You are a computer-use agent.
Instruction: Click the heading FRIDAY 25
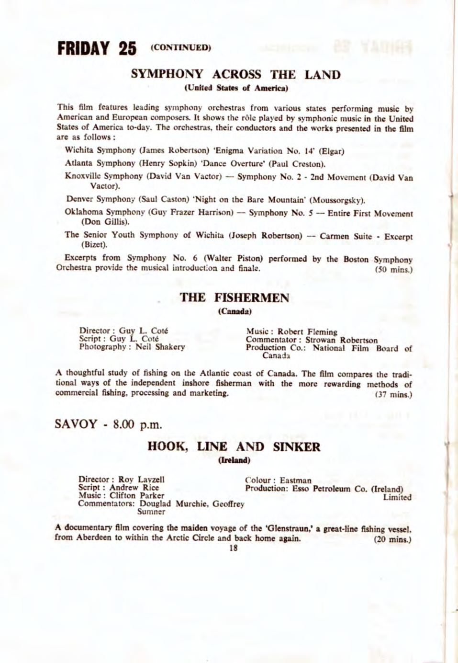(97, 49)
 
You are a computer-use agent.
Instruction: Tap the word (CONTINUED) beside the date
(180, 47)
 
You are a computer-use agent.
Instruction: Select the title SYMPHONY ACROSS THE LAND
(235, 75)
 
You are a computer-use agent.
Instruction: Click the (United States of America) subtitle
(235, 88)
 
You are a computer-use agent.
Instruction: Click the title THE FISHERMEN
(235, 298)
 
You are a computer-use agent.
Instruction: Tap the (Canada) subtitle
(235, 311)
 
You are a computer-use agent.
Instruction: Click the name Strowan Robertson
(341, 340)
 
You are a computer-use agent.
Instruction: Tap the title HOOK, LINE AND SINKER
(234, 447)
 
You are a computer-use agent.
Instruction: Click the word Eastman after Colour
(295, 480)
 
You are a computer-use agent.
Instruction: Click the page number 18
(233, 549)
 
